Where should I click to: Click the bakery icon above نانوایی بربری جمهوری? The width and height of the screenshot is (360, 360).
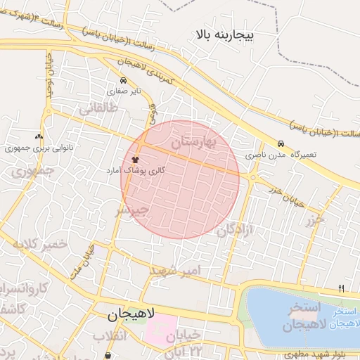(39, 136)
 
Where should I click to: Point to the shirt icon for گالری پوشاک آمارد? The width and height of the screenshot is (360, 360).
(135, 160)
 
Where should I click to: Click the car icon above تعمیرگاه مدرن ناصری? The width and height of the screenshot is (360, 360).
(281, 143)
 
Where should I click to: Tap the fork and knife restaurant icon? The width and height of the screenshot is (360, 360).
(342, 288)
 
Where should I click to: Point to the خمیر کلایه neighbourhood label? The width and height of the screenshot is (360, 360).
(38, 243)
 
